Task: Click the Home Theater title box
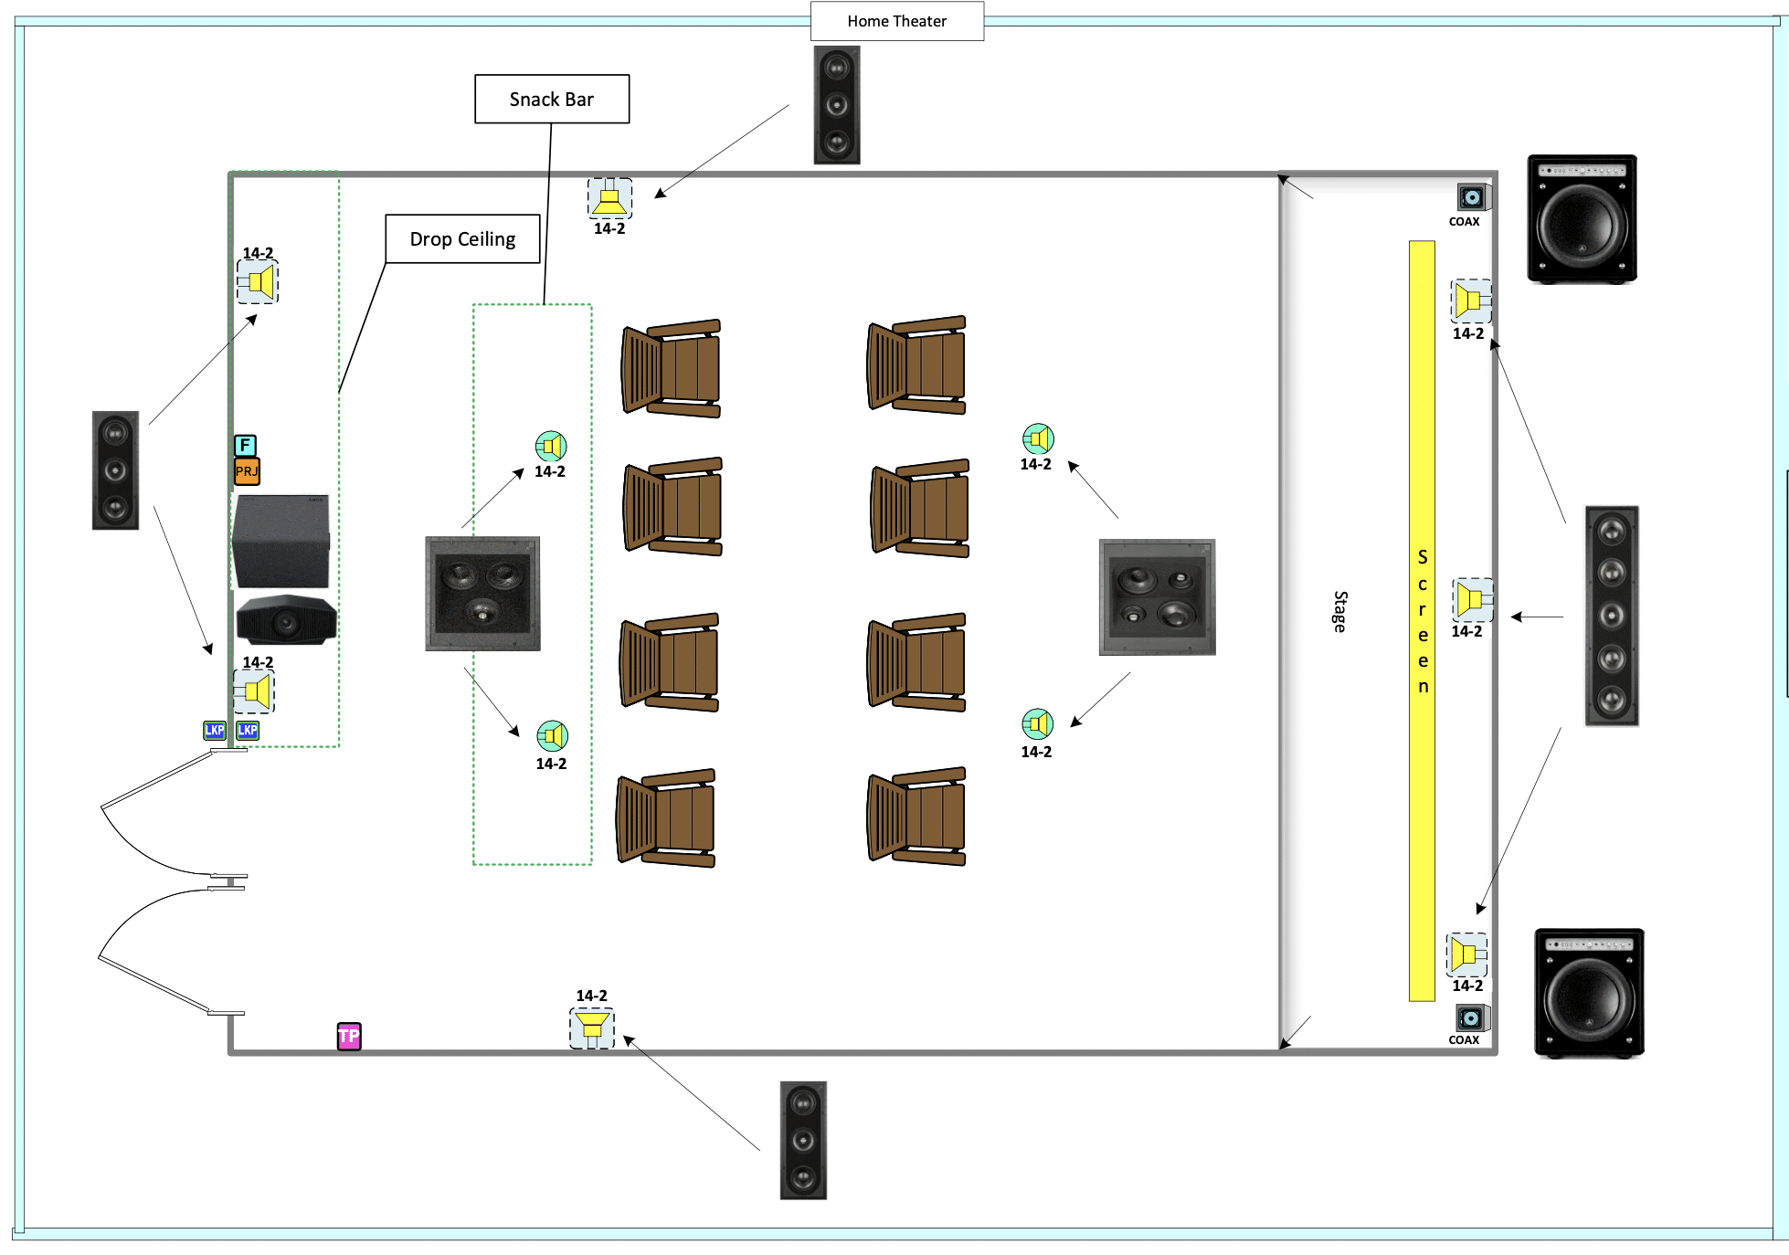click(896, 21)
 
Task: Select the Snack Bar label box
click(551, 99)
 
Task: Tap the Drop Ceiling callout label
click(462, 238)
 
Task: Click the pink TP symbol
click(349, 1036)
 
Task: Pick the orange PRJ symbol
click(247, 471)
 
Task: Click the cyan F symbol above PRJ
click(245, 445)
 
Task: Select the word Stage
click(1339, 611)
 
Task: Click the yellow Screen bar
click(1422, 621)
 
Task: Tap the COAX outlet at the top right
click(1471, 197)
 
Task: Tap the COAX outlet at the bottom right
click(1470, 1018)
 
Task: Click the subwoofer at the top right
click(1582, 219)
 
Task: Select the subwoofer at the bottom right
click(1589, 993)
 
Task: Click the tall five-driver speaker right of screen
click(1611, 616)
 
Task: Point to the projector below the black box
click(286, 620)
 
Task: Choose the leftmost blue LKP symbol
click(215, 730)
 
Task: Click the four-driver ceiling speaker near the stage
click(1157, 596)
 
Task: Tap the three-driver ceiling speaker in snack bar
click(482, 594)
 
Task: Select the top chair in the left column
click(672, 368)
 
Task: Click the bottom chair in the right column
click(916, 817)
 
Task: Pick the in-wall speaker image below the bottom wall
click(803, 1140)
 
